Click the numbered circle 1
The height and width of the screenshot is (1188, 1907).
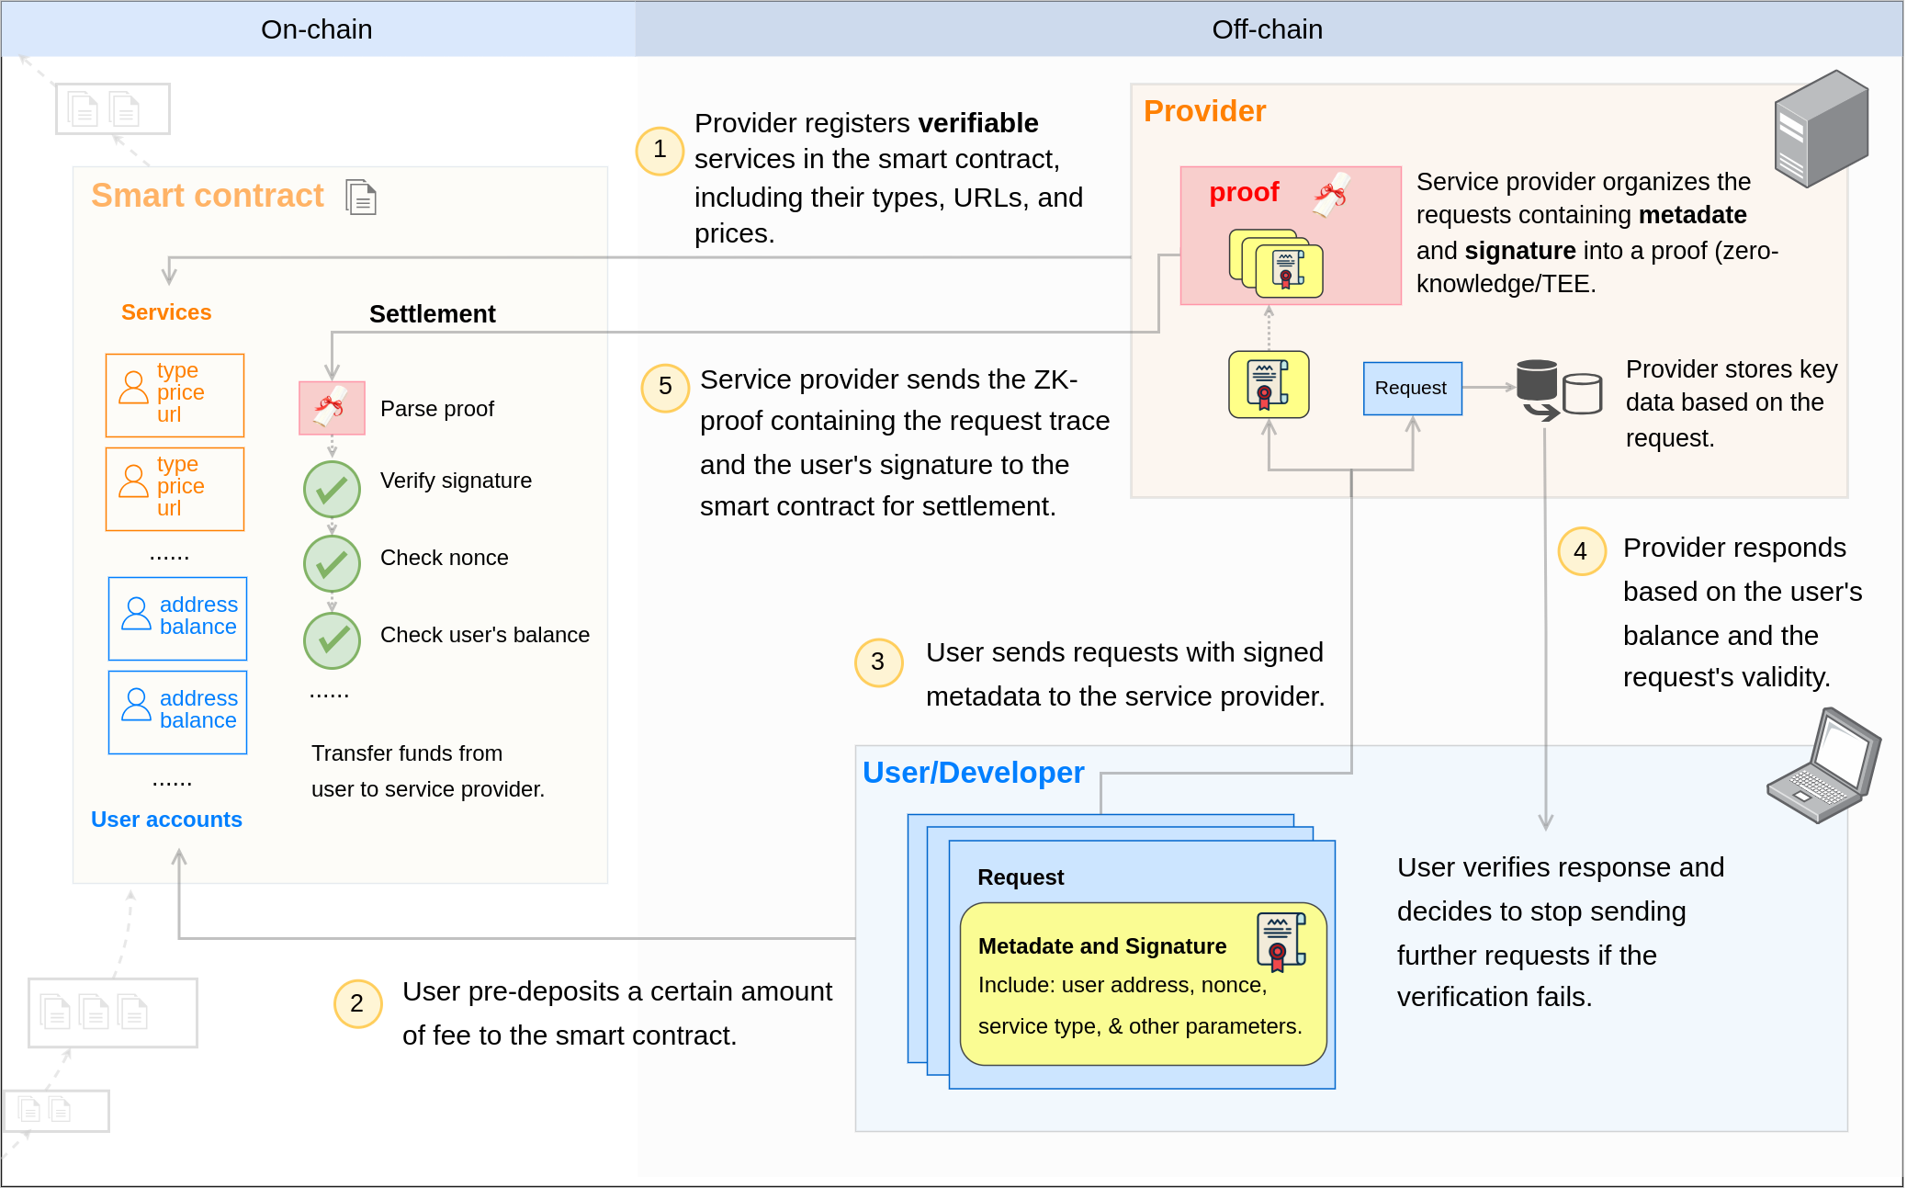click(x=660, y=150)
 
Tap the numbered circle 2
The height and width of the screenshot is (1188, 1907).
click(x=357, y=1003)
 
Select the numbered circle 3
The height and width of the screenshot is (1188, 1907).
click(x=878, y=662)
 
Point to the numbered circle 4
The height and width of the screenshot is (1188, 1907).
click(x=1581, y=551)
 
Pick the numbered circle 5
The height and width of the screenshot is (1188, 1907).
click(x=665, y=387)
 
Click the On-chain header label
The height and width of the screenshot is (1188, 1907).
click(x=317, y=29)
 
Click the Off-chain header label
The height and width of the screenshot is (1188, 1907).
click(x=1267, y=29)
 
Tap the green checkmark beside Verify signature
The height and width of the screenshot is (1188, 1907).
click(x=332, y=489)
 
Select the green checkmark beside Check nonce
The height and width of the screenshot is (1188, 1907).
click(x=332, y=563)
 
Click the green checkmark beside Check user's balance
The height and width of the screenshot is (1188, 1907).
click(x=332, y=639)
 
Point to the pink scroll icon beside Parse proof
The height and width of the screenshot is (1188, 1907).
click(x=332, y=408)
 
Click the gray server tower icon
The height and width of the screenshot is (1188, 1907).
click(x=1821, y=129)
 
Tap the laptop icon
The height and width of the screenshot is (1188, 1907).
click(x=1823, y=766)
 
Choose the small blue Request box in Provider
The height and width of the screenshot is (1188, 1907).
click(x=1412, y=388)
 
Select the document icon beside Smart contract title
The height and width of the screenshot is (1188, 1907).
click(x=361, y=198)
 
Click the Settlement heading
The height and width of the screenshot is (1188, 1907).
click(x=432, y=314)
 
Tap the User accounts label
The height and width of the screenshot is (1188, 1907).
click(x=166, y=820)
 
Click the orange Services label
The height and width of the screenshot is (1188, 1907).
click(x=166, y=312)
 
